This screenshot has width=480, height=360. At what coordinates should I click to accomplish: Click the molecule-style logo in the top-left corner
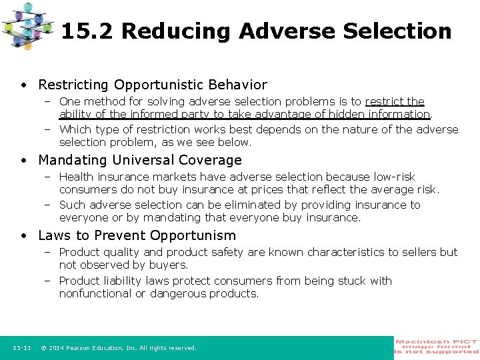coord(27,25)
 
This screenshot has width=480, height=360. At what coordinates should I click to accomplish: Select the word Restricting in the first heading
coord(74,85)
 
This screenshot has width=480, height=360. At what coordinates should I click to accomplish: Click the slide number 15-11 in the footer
coord(22,348)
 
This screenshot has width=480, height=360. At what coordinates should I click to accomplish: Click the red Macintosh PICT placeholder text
coord(437,347)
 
